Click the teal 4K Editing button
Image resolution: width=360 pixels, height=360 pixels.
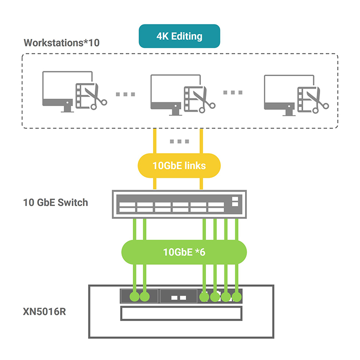pos(179,36)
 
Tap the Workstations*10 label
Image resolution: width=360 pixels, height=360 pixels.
pos(61,43)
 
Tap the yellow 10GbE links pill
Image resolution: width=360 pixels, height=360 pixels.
pos(179,166)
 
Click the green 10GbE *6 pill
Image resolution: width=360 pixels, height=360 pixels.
pos(184,252)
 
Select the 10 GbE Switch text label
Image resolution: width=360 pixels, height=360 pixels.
pos(55,203)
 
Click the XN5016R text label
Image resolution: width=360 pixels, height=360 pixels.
pos(45,311)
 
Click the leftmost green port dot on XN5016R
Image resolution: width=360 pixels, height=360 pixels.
pos(135,297)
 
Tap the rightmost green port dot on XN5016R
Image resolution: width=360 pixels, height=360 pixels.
pos(237,297)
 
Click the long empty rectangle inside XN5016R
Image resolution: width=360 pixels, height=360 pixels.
pos(181,313)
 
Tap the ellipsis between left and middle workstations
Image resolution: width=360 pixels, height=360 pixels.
pos(125,94)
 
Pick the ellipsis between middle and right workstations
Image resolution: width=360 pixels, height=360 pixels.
pos(232,92)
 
